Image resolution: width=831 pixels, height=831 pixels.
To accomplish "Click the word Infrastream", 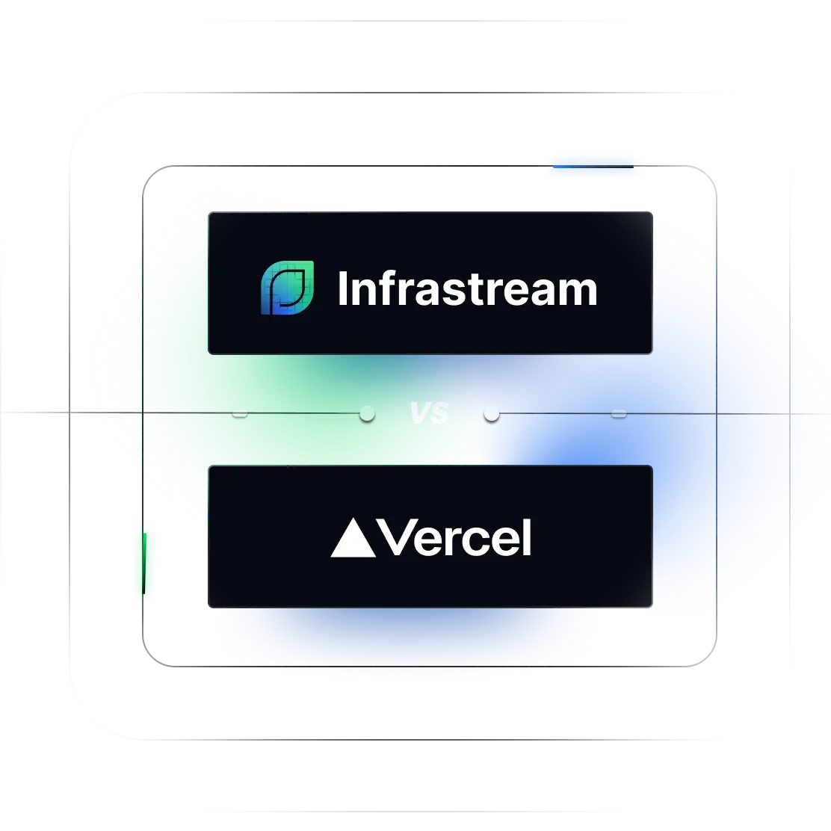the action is (x=468, y=288).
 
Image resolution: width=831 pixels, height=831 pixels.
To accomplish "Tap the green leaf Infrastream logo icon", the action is (x=287, y=288).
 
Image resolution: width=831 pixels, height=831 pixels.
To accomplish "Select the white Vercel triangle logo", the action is (x=353, y=538).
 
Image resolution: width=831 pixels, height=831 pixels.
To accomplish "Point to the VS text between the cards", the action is (x=430, y=413).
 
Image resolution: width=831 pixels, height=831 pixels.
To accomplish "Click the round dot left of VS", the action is (x=367, y=413).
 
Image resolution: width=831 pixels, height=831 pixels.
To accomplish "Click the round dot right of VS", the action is (x=491, y=413).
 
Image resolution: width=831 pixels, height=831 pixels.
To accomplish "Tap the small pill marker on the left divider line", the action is (x=240, y=413).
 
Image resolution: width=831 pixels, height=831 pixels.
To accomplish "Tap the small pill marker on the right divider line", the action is (x=619, y=413).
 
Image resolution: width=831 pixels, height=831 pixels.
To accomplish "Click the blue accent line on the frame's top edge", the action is (x=593, y=167).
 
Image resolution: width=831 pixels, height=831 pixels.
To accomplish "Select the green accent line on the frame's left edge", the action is (x=144, y=563).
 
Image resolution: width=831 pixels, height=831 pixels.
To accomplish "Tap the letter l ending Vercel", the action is (x=527, y=537).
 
